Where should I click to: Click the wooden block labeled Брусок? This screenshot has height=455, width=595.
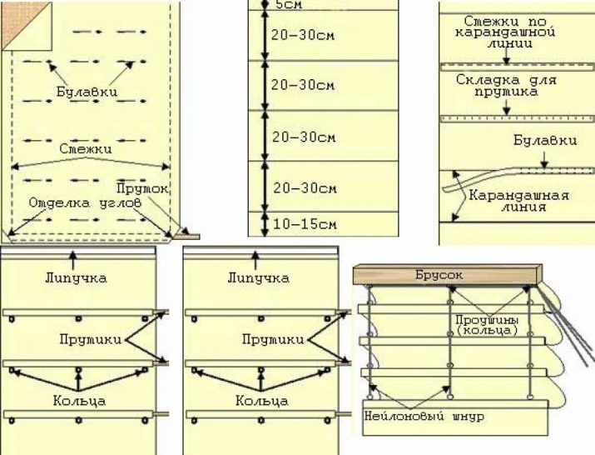pos(448,275)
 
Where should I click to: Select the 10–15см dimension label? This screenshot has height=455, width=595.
pos(305,224)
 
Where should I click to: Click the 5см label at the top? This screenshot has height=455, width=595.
pos(289,5)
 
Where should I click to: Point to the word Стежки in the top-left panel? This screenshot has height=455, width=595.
pos(86,148)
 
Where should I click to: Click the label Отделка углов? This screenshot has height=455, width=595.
pos(85,203)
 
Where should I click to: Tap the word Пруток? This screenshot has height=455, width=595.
pos(142,188)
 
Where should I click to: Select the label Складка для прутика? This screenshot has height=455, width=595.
pos(506,86)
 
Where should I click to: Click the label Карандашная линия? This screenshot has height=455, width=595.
pos(519,201)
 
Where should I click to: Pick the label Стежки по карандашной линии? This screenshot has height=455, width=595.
pos(505,32)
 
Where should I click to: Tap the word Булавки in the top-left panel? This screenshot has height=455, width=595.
pos(87,92)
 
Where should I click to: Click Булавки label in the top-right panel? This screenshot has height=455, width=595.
pos(545,140)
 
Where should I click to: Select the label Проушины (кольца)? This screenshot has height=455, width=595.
pos(487,325)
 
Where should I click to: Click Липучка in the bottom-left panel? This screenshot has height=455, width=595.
pos(76,277)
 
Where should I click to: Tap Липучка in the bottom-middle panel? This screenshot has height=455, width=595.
pos(259,277)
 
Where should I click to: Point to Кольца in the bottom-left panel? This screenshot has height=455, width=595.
pos(79,401)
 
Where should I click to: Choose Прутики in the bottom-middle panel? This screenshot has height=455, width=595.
pos(273,339)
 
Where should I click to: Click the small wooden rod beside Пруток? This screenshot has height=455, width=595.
pos(186,237)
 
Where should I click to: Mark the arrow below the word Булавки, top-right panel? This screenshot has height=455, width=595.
pos(544,160)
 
